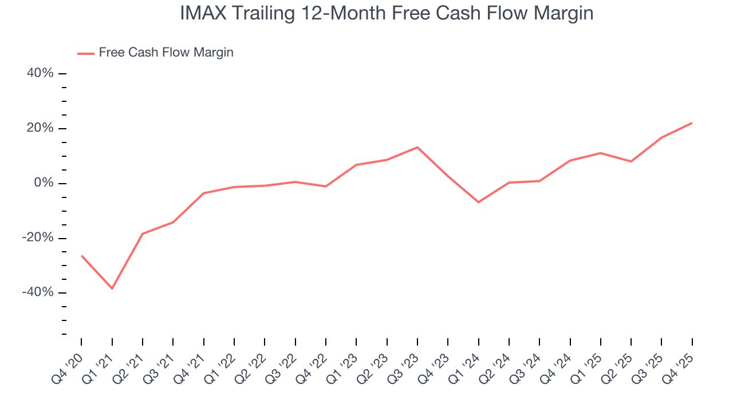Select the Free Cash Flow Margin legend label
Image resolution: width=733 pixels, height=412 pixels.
click(x=166, y=53)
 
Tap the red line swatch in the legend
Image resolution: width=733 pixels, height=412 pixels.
click(x=86, y=54)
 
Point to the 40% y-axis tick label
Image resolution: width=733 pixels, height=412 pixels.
click(x=40, y=73)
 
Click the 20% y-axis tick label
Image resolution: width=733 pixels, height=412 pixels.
click(x=40, y=128)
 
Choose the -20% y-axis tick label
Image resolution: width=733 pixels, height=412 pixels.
click(x=38, y=238)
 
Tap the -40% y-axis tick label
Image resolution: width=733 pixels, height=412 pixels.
click(x=38, y=292)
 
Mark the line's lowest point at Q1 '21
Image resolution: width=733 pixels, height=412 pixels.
click(x=112, y=288)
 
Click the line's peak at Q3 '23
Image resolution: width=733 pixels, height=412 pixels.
click(x=417, y=147)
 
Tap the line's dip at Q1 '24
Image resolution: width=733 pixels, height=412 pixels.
click(x=478, y=202)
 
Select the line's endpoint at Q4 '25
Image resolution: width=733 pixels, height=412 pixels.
click(x=692, y=123)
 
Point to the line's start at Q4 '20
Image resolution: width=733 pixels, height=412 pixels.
click(x=82, y=256)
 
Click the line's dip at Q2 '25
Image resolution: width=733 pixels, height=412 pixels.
click(x=631, y=161)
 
